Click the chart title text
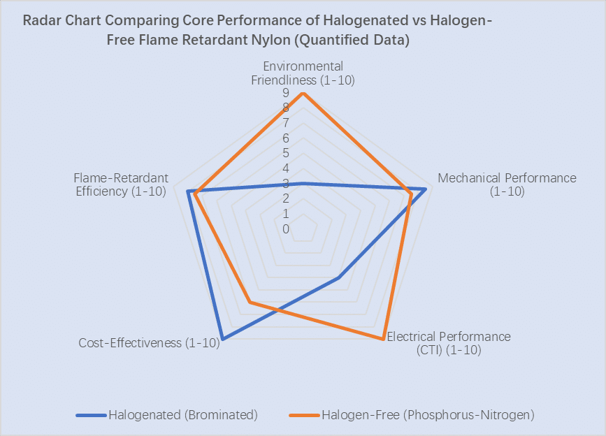pyautogui.click(x=257, y=29)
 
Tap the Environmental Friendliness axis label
pyautogui.click(x=303, y=73)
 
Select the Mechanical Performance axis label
pyautogui.click(x=507, y=184)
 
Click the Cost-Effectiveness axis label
pyautogui.click(x=149, y=343)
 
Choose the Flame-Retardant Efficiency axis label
pyautogui.click(x=121, y=184)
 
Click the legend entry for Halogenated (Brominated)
pyautogui.click(x=182, y=415)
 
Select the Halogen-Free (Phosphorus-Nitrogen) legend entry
pyautogui.click(x=428, y=415)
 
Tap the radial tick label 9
pyautogui.click(x=286, y=92)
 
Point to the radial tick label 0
pyautogui.click(x=286, y=228)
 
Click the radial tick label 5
pyautogui.click(x=286, y=153)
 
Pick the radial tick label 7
pyautogui.click(x=286, y=122)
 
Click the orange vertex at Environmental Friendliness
pyautogui.click(x=303, y=94)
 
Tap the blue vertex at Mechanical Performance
pyautogui.click(x=425, y=189)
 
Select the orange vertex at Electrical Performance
pyautogui.click(x=382, y=339)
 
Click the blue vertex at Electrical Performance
pyautogui.click(x=339, y=278)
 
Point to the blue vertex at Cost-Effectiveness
pyautogui.click(x=222, y=339)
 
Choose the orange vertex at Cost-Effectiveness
pyautogui.click(x=250, y=302)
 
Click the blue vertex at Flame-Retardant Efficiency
pyautogui.click(x=188, y=191)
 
